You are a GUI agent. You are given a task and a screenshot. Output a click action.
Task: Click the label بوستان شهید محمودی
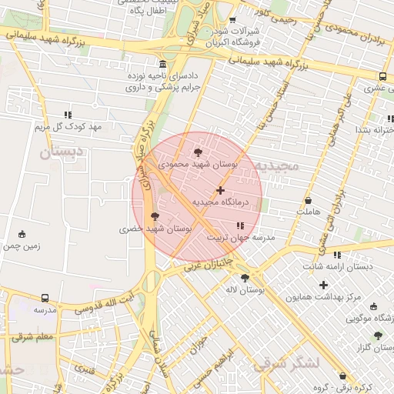199,164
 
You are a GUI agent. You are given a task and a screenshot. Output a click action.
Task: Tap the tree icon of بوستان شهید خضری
155,216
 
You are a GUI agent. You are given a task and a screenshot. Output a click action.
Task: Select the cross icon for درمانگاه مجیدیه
221,189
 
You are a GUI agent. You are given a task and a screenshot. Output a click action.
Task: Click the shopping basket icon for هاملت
308,200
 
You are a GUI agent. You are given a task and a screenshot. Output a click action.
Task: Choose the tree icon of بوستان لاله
245,278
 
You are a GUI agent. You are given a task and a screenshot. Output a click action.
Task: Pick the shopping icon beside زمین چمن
22,234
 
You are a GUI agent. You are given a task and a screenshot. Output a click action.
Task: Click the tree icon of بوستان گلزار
377,336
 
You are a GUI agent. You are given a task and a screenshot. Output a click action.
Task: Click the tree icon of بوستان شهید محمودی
199,152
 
